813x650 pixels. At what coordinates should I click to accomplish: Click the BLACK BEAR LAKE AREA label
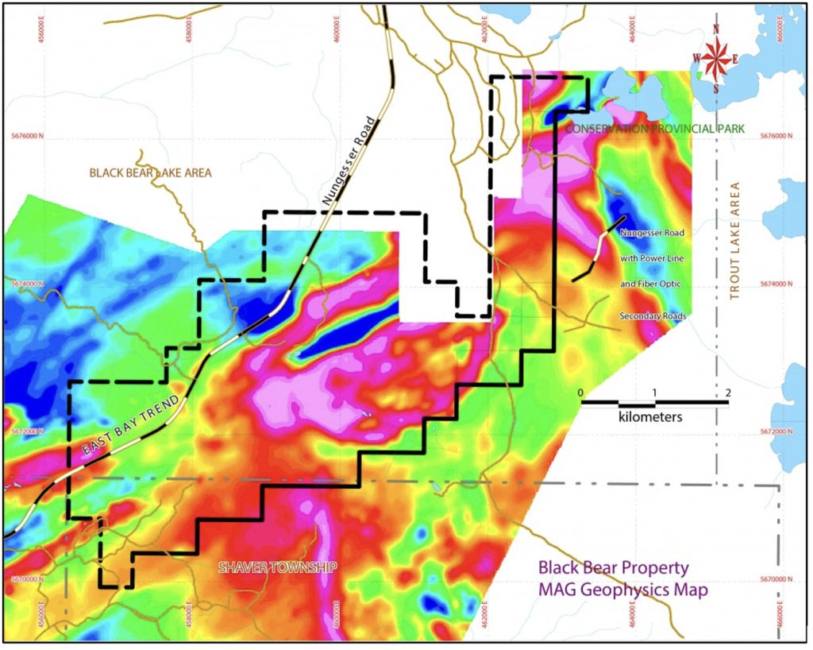151,172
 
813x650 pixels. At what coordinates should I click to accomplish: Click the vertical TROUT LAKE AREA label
735,242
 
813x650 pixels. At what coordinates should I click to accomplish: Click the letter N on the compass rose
717,29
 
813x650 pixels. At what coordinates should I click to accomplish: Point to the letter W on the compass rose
696,57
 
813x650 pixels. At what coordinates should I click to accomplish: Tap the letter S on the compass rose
717,89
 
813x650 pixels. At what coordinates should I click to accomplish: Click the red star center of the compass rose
717,58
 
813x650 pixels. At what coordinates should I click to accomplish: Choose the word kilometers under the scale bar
650,416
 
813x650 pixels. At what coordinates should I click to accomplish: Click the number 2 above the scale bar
727,393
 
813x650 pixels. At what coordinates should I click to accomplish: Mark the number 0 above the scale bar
581,393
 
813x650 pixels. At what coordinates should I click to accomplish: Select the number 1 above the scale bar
654,393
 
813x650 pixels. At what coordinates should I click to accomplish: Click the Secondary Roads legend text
653,316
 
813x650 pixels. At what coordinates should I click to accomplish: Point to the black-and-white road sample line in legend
599,248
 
